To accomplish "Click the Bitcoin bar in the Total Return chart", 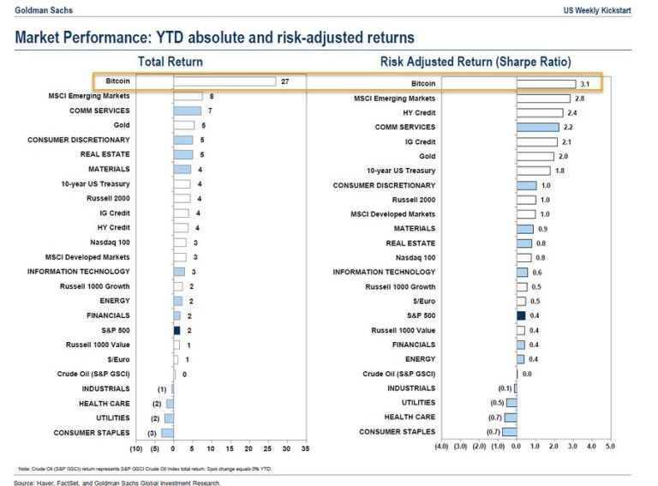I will [x=224, y=82].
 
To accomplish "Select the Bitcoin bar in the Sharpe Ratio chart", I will [x=546, y=84].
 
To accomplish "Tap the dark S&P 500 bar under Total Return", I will [x=176, y=330].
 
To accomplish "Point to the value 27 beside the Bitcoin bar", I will [x=285, y=82].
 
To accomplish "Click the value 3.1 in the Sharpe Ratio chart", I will [x=586, y=84].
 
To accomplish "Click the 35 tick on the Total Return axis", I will [x=305, y=448].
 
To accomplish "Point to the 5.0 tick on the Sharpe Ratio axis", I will [x=610, y=447].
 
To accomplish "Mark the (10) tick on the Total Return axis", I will [x=135, y=448].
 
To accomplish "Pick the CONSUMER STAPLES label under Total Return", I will [x=92, y=433].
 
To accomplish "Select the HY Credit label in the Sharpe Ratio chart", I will [x=419, y=113].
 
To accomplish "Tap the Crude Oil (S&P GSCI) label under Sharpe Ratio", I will [x=398, y=374].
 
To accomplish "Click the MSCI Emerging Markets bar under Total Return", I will [x=188, y=97].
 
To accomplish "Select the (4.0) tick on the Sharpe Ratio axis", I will [x=441, y=447].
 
